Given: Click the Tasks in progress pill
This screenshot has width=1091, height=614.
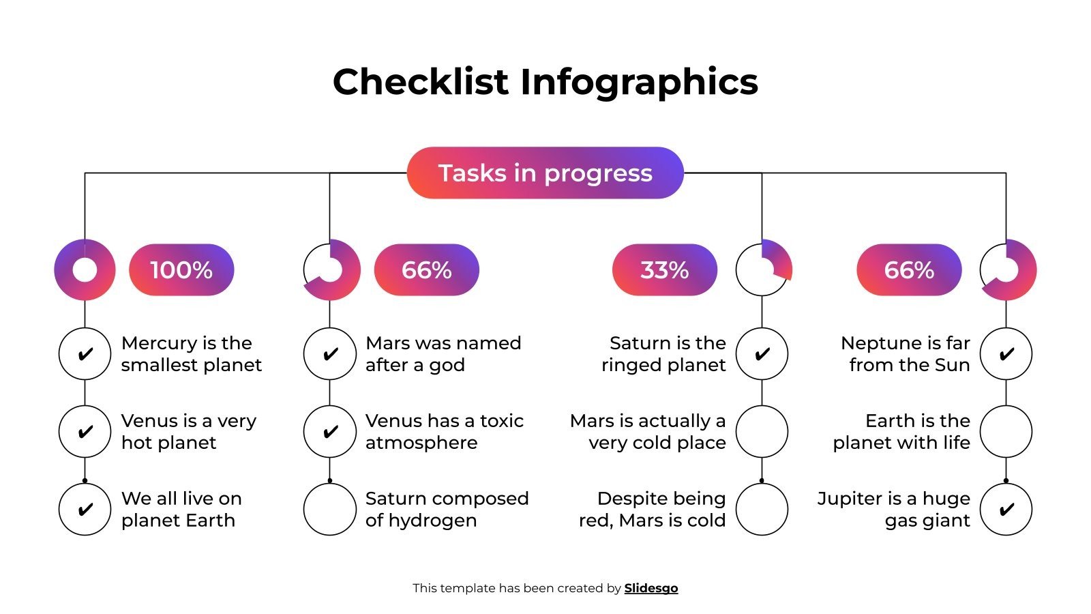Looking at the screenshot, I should pos(545,173).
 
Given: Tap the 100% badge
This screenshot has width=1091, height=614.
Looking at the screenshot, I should pos(181,270).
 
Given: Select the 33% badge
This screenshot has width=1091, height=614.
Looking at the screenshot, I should pos(664,270).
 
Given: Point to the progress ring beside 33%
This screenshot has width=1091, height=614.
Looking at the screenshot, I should pos(762,270).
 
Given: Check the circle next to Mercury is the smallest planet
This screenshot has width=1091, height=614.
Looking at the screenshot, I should pos(85,353).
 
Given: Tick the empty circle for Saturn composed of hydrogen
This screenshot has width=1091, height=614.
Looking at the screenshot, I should pos(330,509).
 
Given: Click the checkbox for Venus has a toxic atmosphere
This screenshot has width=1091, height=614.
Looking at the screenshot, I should pos(330,431).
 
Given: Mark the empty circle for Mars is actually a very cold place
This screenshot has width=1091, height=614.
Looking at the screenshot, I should pos(762,431).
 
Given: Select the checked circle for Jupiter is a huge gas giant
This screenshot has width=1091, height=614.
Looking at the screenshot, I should pos(1006,509).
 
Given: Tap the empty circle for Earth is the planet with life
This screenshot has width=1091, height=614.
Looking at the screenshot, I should pos(1006,431).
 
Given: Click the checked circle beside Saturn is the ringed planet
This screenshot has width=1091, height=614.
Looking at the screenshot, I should pos(762,353).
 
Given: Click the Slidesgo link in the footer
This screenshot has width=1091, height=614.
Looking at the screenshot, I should pos(651,588).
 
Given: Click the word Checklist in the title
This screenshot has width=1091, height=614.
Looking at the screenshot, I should pos(421,82).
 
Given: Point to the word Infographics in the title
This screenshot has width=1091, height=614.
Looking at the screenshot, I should pos(639,82).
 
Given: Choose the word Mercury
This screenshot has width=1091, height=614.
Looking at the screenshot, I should pos(159,343).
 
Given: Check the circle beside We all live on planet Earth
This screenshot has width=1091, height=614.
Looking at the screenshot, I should pos(85,509).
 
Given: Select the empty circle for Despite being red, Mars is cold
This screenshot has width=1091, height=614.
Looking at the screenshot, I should pos(762,509).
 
